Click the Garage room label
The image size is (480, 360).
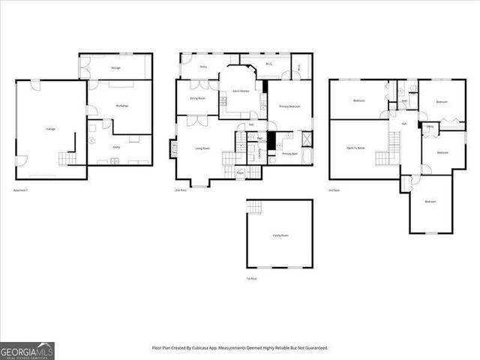[x=51, y=130]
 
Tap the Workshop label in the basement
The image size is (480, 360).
[x=121, y=106]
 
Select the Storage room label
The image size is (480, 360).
[x=116, y=68]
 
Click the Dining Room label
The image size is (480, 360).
[x=197, y=98]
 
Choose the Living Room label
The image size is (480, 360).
[x=202, y=148]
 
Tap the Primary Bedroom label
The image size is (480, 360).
[x=290, y=106]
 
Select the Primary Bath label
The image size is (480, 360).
[x=289, y=154]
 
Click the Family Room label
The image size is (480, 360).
[x=280, y=235]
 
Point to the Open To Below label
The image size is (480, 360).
[x=355, y=148]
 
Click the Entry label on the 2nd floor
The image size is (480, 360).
[x=203, y=67]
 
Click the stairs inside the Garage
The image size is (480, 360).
[x=67, y=158]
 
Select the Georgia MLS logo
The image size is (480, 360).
[x=27, y=349]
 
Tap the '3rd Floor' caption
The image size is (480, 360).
[x=334, y=190]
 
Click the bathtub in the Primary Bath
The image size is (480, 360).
[x=306, y=139]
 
